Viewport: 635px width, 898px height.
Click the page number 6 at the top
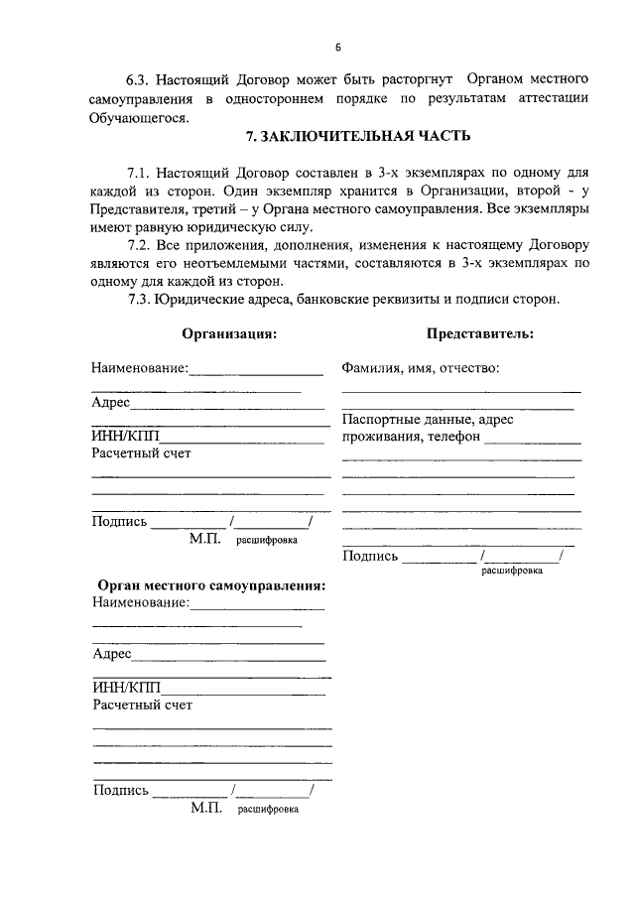point(337,47)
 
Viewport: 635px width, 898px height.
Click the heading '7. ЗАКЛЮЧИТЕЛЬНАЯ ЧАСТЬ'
point(358,136)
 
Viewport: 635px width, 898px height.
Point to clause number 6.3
point(142,77)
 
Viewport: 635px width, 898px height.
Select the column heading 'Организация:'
point(229,334)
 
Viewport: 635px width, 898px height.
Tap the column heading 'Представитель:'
point(480,334)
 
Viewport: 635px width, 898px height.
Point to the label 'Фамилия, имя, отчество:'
point(420,368)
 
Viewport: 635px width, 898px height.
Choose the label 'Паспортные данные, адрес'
point(428,420)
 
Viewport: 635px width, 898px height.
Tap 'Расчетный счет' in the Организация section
point(141,453)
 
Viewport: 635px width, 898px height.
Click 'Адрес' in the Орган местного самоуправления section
point(112,655)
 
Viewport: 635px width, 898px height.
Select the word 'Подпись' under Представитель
point(370,556)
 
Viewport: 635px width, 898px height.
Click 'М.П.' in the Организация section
point(207,539)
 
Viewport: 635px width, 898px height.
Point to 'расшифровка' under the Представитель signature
point(512,571)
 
